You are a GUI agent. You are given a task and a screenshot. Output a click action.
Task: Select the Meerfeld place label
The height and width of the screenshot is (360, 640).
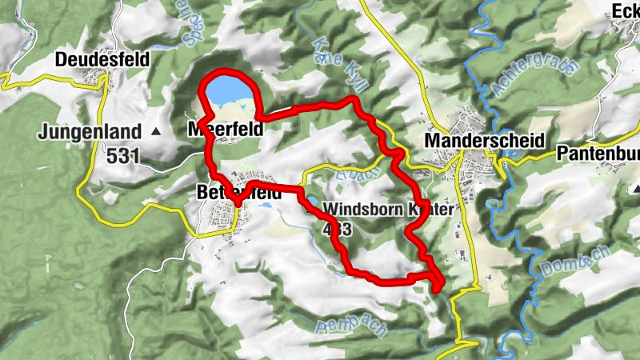[226, 129]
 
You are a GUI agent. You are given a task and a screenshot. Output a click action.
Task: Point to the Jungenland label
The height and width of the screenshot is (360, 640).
[90, 131]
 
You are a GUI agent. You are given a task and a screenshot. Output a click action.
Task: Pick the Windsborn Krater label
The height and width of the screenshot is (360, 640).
[388, 210]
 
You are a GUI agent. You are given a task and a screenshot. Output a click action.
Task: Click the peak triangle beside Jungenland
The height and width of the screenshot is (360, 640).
[156, 131]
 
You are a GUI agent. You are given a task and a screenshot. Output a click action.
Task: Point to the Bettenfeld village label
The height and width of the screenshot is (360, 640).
[238, 193]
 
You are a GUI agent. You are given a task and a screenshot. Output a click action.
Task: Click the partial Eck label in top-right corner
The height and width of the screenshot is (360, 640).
[626, 10]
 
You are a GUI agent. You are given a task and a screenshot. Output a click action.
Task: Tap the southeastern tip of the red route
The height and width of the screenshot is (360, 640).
[438, 286]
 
